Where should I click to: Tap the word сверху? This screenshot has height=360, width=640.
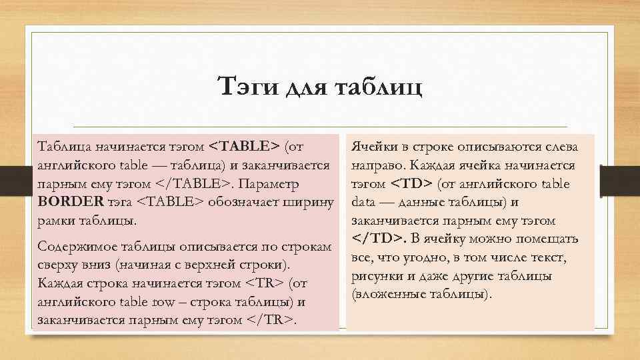click(x=57, y=265)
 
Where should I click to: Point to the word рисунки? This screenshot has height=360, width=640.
click(x=376, y=276)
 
